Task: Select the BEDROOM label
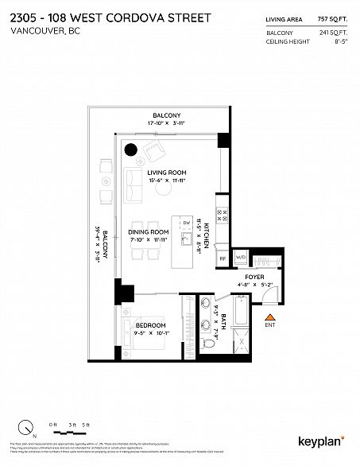149,325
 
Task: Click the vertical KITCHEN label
206,236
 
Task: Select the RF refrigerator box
223,258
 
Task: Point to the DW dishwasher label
185,223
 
